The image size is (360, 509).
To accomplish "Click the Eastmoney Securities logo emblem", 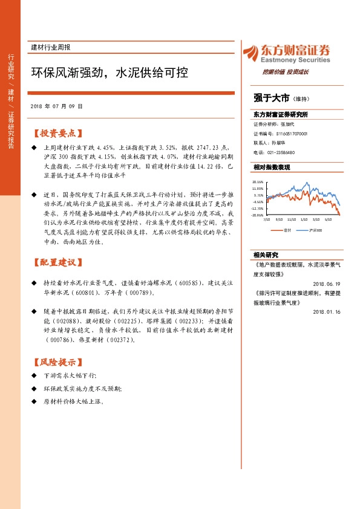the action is (247, 51).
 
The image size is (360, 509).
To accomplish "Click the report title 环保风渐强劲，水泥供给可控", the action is (110, 73).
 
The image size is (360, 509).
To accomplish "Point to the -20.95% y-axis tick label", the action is (258, 215).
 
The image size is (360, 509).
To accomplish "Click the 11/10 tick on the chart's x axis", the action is (292, 220).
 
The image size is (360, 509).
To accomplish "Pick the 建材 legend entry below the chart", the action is (284, 230).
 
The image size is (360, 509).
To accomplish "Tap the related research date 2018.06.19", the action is (327, 284).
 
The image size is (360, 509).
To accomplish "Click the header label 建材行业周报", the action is (51, 47).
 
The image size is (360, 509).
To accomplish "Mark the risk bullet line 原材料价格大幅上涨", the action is (74, 401).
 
